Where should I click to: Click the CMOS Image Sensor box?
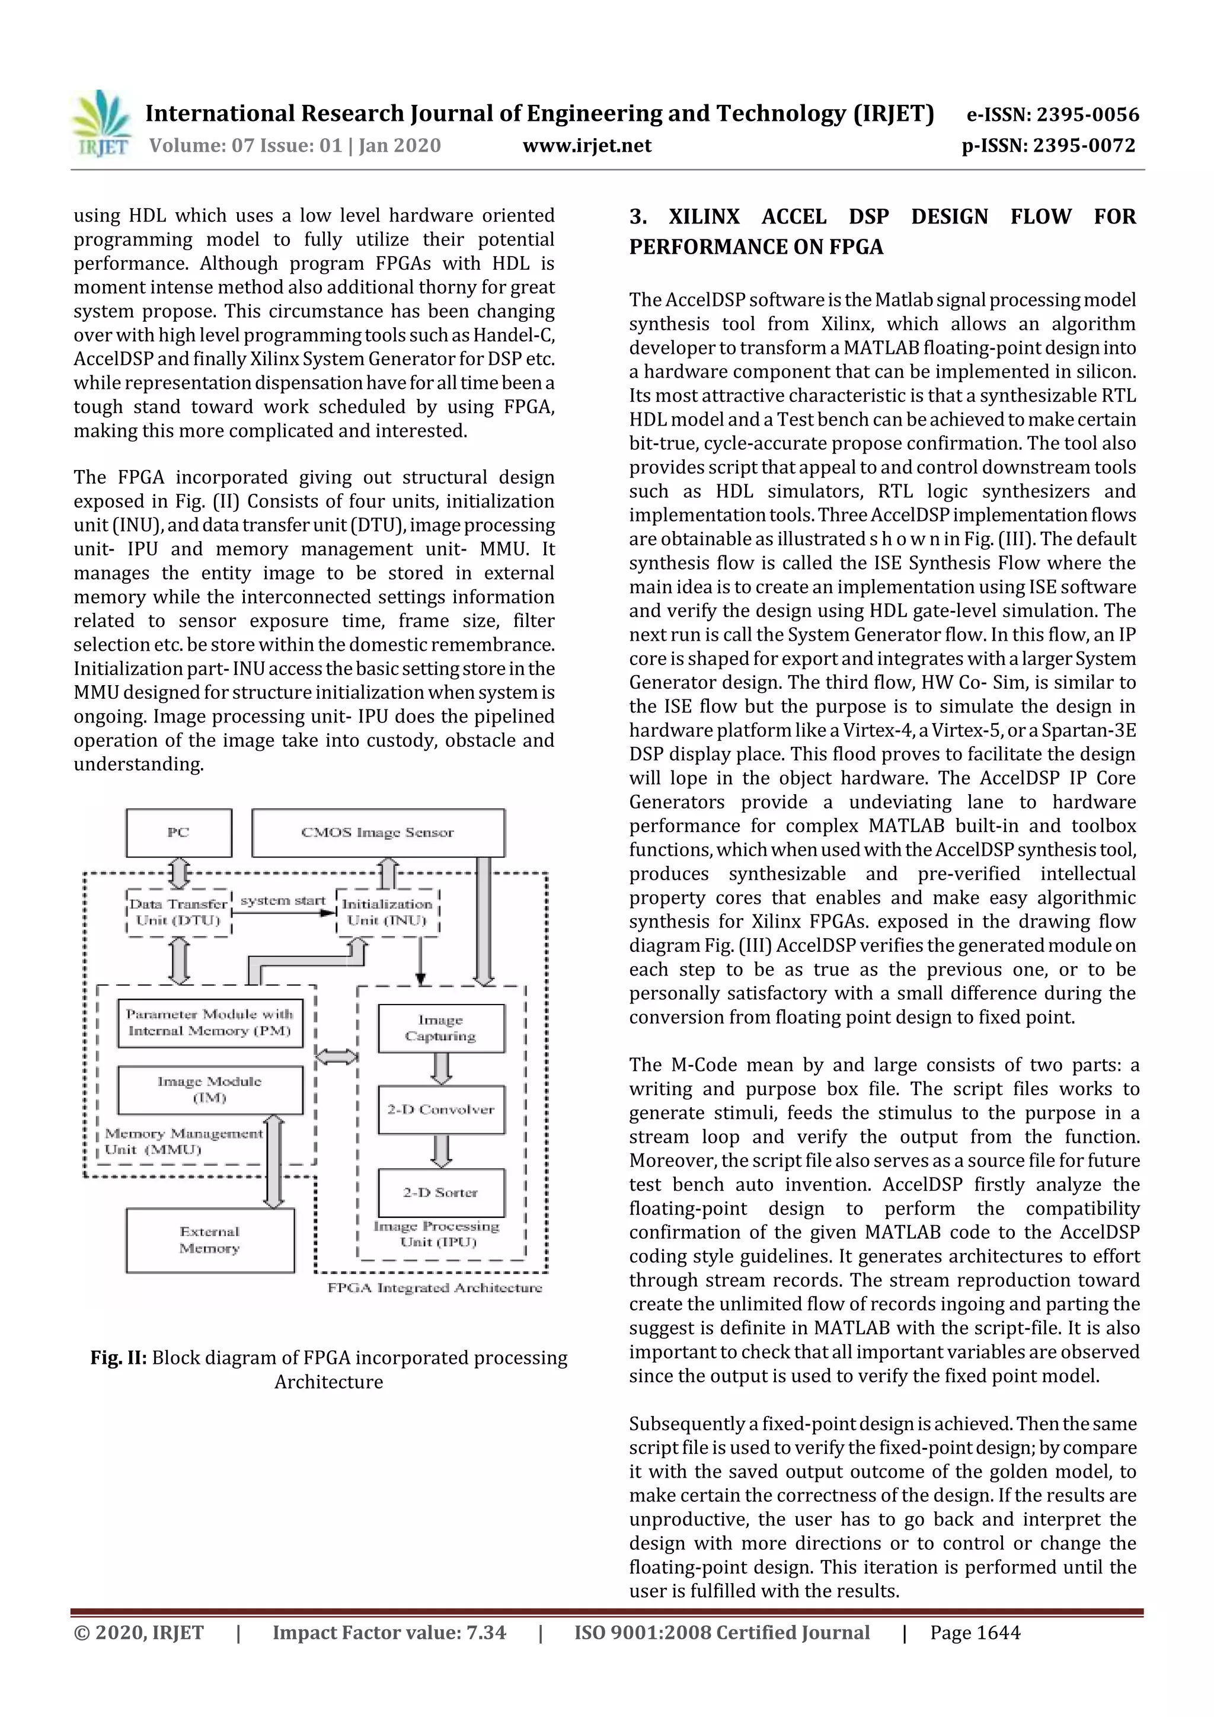(378, 832)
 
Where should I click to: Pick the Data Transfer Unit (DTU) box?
(179, 912)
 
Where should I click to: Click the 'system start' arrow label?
(283, 900)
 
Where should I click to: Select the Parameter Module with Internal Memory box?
(210, 1022)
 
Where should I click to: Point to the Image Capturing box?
(440, 1028)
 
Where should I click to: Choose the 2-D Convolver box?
(440, 1109)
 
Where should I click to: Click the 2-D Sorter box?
(440, 1192)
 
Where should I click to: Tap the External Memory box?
(210, 1240)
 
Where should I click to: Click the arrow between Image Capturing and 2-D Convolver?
(441, 1069)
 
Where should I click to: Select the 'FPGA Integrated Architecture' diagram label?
(435, 1288)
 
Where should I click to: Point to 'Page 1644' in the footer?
(975, 1632)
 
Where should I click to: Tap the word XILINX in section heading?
(703, 217)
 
